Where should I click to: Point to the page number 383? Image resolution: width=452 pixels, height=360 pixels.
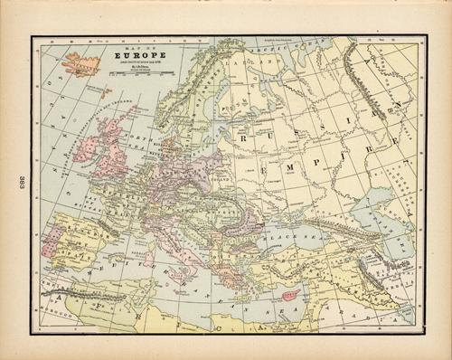pos(19,180)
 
